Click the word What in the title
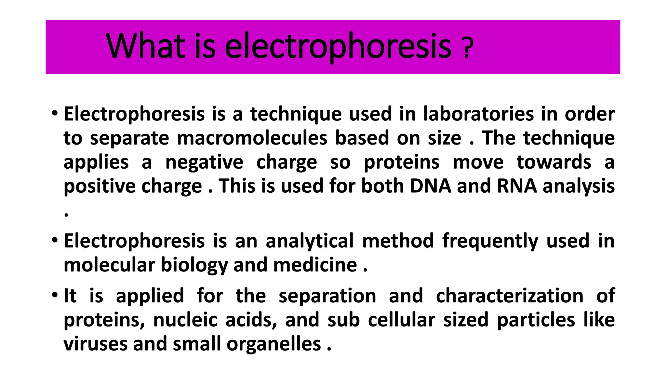145,46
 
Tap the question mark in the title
467,48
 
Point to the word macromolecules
252,138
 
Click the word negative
204,162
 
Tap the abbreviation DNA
430,186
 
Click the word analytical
310,241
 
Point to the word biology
194,265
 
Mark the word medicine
315,265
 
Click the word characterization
510,296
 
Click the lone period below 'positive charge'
66,215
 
